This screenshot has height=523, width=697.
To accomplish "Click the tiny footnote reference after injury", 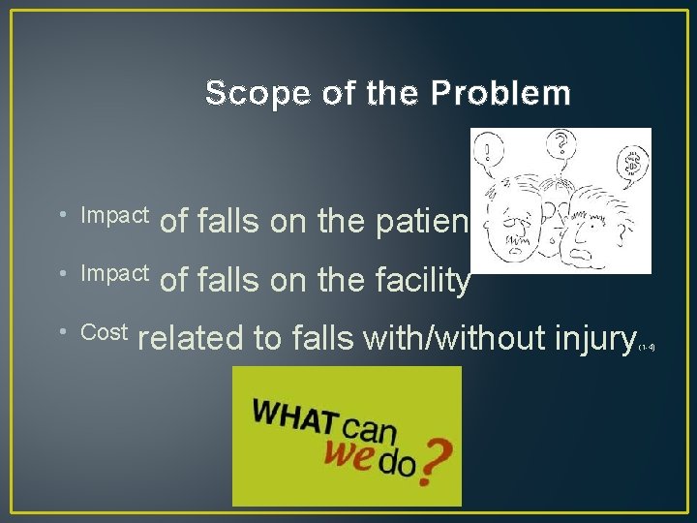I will (648, 346).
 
